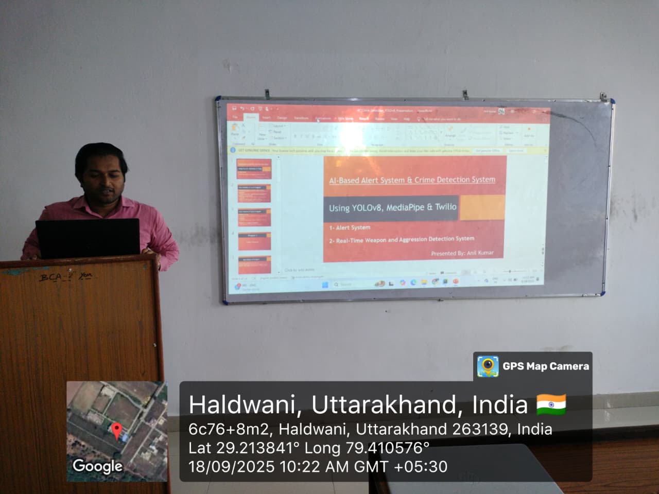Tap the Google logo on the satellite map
(x=97, y=466)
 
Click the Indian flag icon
(x=551, y=404)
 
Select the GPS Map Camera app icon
(x=487, y=366)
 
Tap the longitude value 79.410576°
(x=387, y=448)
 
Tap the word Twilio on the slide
(x=445, y=207)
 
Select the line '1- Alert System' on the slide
(x=350, y=227)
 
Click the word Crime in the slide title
(x=425, y=180)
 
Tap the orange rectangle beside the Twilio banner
(x=481, y=207)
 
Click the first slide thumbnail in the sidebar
(x=254, y=169)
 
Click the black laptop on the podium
(x=88, y=239)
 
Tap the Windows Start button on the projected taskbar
(x=325, y=285)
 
